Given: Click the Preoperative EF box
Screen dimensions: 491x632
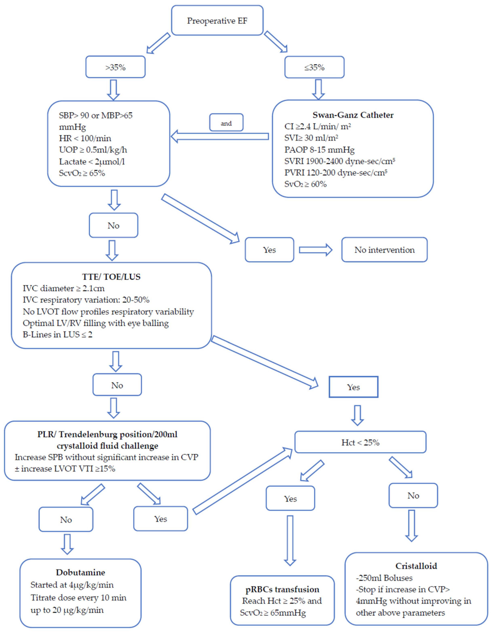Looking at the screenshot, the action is tap(217, 20).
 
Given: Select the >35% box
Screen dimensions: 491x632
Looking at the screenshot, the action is tap(115, 67).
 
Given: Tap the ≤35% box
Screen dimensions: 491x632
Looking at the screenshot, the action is tap(314, 67).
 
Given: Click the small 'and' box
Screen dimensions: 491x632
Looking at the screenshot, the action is tap(226, 122).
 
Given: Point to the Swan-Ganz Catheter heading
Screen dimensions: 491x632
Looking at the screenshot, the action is tap(353, 115).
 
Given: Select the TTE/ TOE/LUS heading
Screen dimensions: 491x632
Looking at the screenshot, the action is tap(111, 277).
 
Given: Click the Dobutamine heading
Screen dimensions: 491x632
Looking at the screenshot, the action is tap(80, 572).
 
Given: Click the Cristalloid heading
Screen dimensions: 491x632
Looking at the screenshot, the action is tap(416, 566).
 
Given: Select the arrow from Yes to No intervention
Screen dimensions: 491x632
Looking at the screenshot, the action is tap(316, 250).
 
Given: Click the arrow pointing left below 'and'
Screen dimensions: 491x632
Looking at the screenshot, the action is tap(220, 136).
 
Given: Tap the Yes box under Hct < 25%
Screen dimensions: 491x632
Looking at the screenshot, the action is tap(290, 498).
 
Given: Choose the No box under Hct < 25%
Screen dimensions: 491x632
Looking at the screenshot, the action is tap(413, 495).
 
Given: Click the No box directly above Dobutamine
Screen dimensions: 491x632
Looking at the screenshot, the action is tap(66, 519).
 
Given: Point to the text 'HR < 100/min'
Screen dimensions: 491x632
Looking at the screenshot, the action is tap(85, 138).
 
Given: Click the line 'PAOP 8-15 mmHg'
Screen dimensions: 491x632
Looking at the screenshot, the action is tap(319, 150).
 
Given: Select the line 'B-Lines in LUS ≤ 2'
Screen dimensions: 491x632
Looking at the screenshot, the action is tap(58, 335).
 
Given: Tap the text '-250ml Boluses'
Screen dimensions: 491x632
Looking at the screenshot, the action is tap(384, 578).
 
